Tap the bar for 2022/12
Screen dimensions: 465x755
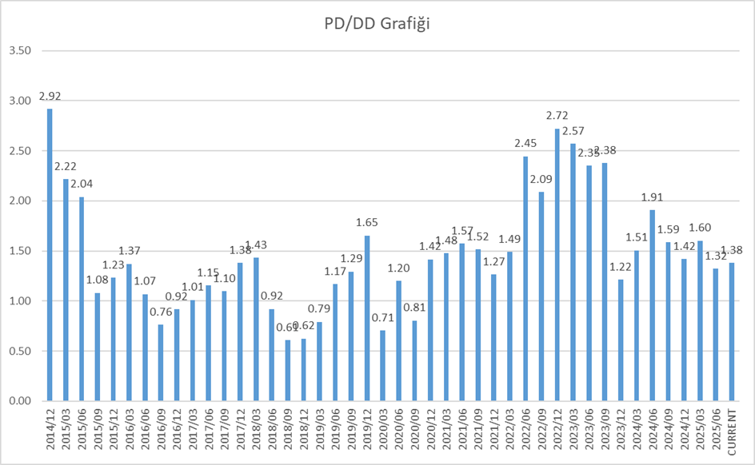click(557, 264)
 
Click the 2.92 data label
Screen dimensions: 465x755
click(49, 97)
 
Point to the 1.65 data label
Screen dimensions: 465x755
click(367, 223)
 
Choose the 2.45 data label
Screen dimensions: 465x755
click(525, 144)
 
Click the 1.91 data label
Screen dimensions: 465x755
click(653, 197)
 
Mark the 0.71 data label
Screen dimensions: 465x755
click(383, 318)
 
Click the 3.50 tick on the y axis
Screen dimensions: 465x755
click(19, 50)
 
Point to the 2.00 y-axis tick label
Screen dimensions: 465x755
click(19, 201)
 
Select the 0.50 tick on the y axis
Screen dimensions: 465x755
click(19, 351)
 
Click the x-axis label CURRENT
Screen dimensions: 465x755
click(733, 431)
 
